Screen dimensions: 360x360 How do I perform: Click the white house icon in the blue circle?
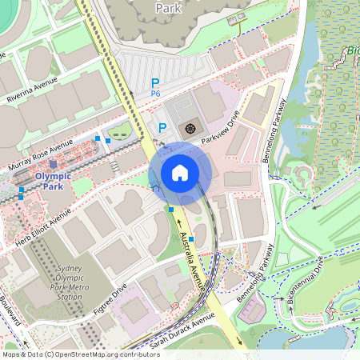point(180,173)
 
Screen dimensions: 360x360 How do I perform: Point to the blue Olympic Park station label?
point(53,181)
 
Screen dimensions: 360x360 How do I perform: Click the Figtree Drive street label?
point(110,301)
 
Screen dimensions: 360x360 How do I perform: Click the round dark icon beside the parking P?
point(190,127)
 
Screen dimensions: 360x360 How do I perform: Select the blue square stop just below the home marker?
point(171,210)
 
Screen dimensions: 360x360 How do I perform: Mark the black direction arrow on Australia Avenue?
point(178,226)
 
